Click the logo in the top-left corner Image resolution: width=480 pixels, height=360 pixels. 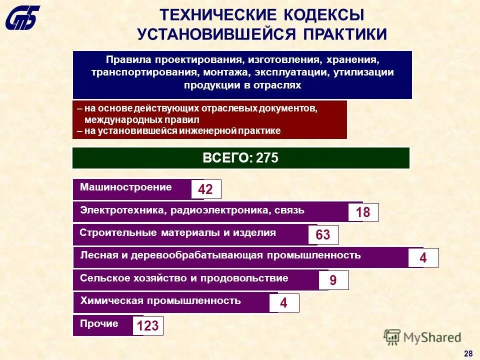pos(22,18)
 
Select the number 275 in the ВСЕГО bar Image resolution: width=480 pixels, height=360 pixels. pos(267,158)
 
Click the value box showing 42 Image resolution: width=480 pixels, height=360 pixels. pos(205,189)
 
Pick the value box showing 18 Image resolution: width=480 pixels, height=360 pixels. pos(363,212)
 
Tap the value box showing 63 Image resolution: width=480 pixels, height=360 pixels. pos(323,235)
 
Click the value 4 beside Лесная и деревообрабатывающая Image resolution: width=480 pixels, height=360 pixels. pos(423,258)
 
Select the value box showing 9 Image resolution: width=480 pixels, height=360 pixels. pos(333,281)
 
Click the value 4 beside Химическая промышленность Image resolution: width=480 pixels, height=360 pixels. pos(283,303)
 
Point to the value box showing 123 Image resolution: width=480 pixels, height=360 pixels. pos(147,326)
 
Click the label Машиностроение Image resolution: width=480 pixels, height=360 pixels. pos(126,187)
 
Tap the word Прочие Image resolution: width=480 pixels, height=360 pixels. pos(99,323)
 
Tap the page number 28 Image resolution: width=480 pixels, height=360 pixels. pos(468,353)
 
